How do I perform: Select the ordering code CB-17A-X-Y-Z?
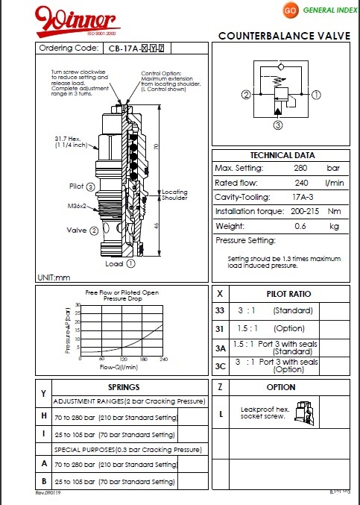point(136,48)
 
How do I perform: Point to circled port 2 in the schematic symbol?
point(224,95)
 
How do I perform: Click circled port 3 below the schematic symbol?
point(279,126)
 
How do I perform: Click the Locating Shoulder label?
point(175,195)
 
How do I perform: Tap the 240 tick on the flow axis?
point(163,359)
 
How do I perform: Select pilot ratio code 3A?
point(220,348)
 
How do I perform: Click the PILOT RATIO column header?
point(288,294)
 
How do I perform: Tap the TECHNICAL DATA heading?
point(282,154)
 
